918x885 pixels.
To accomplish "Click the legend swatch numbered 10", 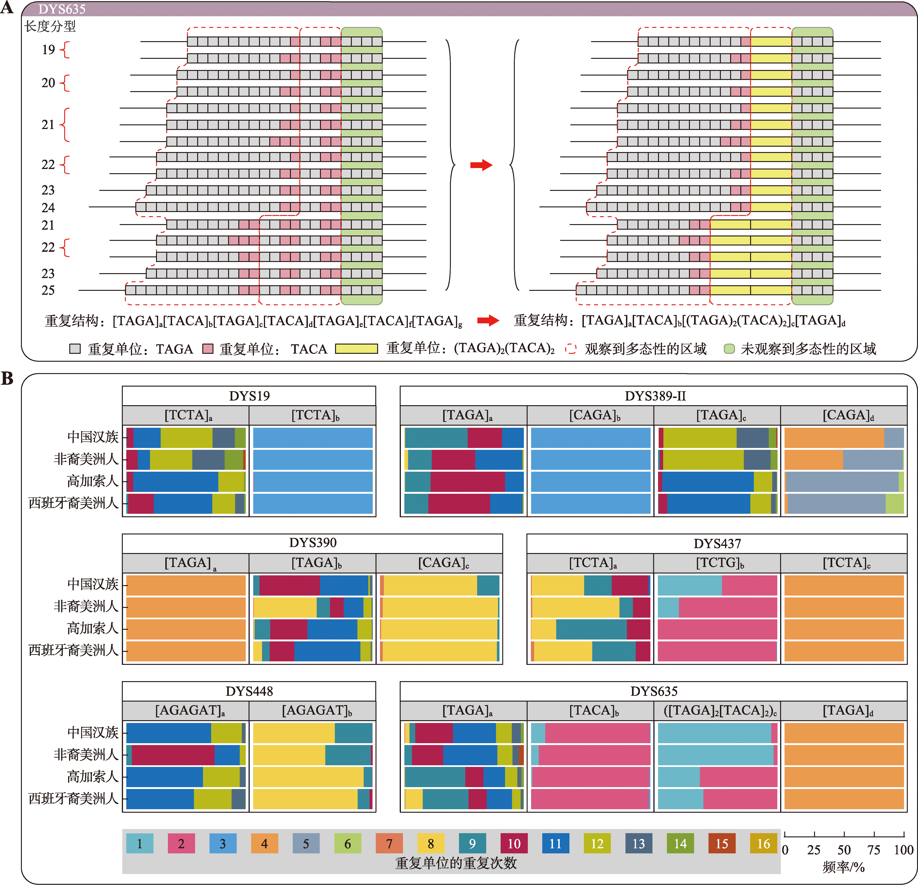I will pyautogui.click(x=514, y=843).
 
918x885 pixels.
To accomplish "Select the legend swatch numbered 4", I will pyautogui.click(x=264, y=843).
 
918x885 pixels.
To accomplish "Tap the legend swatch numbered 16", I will pyautogui.click(x=763, y=843).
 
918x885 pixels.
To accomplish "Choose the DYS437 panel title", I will pyautogui.click(x=717, y=544).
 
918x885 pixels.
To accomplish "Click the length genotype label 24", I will pyautogui.click(x=48, y=207).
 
